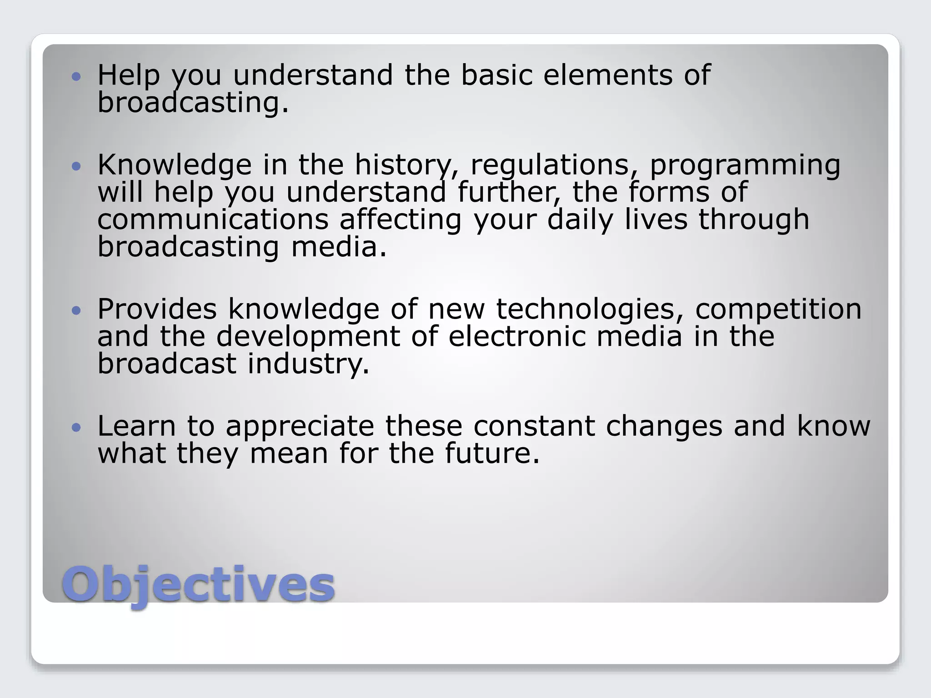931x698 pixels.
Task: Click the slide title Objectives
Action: coord(198,584)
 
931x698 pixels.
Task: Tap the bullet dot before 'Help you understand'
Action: coord(76,76)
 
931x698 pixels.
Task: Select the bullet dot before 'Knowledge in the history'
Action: coord(76,166)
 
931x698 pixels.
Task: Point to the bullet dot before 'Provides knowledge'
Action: coord(76,310)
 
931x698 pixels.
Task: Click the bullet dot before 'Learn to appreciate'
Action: coord(76,427)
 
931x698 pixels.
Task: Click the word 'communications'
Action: coord(213,219)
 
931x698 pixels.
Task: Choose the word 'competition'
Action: coord(778,309)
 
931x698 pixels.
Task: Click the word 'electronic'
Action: coord(517,336)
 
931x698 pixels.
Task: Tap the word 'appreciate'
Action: coord(300,426)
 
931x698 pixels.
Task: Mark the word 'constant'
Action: coord(534,426)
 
